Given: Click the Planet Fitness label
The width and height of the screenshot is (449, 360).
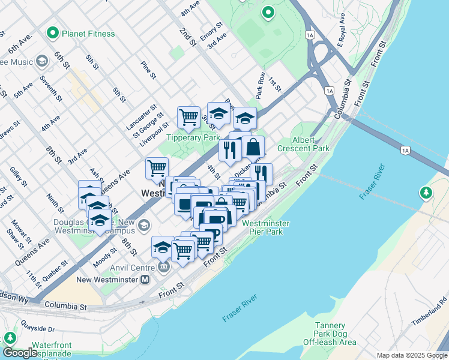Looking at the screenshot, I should click(x=88, y=34).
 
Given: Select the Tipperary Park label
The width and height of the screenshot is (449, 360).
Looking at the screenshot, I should click(x=193, y=137).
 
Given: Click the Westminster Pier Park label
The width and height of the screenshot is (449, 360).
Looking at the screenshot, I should click(x=266, y=228).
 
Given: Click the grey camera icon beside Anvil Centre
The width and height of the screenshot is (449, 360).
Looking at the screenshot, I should click(x=164, y=267).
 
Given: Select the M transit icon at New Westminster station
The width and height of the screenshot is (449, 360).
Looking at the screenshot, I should click(x=145, y=280).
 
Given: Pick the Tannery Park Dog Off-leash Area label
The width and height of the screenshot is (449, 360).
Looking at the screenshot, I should click(x=327, y=334).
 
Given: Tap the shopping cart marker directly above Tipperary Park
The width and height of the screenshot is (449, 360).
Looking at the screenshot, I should click(x=188, y=117).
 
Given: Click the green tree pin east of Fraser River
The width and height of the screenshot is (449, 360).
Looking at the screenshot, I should click(x=426, y=193).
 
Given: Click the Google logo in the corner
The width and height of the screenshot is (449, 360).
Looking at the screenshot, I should click(x=20, y=353).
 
